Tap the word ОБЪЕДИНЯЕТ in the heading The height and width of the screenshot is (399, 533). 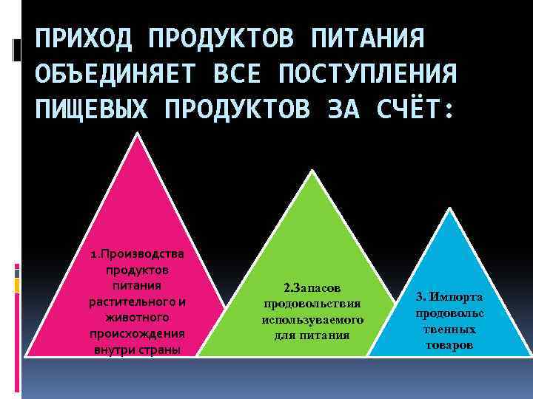[x=115, y=74]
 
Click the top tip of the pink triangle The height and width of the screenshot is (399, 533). [x=137, y=133]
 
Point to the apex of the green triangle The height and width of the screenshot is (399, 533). [x=313, y=172]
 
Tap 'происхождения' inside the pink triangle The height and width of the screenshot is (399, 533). [x=138, y=332]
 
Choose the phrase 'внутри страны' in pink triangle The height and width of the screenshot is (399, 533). [x=138, y=349]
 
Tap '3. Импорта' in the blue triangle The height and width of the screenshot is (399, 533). [x=449, y=297]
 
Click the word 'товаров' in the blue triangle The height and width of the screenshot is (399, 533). [x=449, y=345]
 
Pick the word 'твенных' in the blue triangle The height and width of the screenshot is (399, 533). [x=449, y=330]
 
